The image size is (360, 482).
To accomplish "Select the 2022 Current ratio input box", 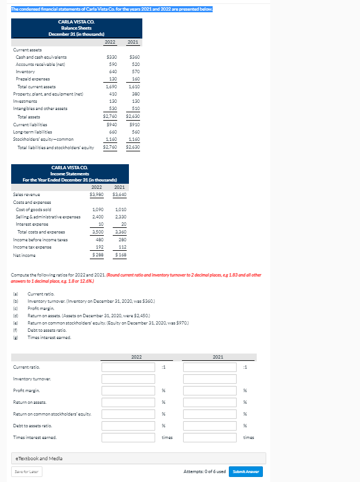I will [x=128, y=367].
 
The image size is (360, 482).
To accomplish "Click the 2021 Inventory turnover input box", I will [x=210, y=379].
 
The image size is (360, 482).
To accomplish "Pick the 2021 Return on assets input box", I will [x=210, y=403].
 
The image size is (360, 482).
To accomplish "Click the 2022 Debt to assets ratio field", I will [x=128, y=426].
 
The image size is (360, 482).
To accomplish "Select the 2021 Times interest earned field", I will [x=210, y=438].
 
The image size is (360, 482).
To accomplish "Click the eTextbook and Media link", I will [x=36, y=458].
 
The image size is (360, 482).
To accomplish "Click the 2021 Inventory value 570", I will [x=133, y=71].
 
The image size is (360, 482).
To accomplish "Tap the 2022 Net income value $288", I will [x=99, y=255].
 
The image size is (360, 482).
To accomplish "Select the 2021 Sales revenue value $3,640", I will [x=119, y=194].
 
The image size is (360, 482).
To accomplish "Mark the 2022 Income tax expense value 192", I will [x=100, y=246].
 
